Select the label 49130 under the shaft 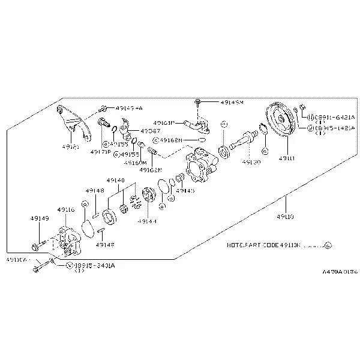(251, 162)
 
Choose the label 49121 (70, 146)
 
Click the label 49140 (116, 180)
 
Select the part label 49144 (146, 221)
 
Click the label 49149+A (130, 108)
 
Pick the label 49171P (100, 152)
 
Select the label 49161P (163, 122)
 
